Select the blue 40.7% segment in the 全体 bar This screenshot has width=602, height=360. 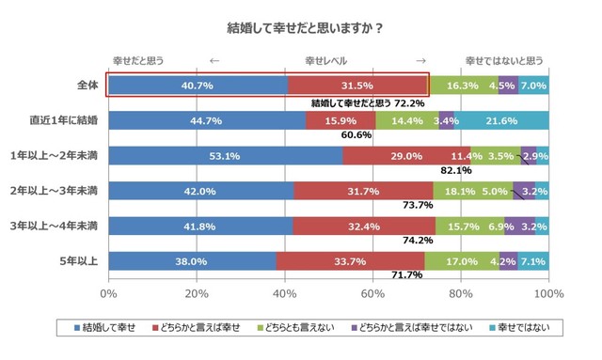coord(198,86)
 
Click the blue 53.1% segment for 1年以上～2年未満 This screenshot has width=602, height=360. coord(226,155)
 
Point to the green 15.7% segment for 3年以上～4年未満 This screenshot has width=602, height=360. coord(470,226)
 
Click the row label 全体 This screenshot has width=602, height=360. coord(87,86)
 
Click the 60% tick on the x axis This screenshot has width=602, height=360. coord(372,294)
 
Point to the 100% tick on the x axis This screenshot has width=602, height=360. coord(548,294)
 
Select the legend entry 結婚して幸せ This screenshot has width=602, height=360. coord(111,328)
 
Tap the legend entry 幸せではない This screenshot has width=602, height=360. coord(537,328)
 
